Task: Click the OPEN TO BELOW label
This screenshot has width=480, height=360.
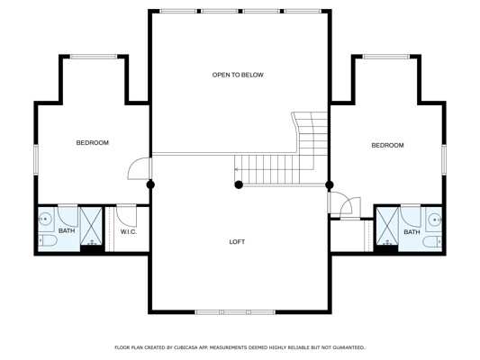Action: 238,75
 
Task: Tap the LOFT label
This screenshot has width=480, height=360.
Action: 237,242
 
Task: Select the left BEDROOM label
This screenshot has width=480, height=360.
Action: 92,143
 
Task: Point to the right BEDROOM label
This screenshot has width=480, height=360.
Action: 387,145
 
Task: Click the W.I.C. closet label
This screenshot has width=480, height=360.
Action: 129,232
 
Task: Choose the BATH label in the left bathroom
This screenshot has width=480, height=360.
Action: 67,230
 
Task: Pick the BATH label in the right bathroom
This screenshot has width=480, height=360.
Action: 412,232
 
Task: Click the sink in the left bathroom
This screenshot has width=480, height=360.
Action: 46,219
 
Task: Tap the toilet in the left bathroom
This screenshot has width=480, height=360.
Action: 48,241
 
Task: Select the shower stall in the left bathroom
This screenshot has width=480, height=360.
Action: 91,226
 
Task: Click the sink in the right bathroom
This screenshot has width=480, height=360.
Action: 434,220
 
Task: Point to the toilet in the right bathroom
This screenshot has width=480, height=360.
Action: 432,241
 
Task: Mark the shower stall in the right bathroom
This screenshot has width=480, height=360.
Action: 387,226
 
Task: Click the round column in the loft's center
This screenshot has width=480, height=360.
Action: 239,184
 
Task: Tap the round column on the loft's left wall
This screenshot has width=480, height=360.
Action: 150,184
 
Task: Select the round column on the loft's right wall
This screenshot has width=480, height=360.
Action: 330,184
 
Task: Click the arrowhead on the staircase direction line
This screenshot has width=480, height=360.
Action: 236,169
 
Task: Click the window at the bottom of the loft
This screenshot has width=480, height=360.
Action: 235,312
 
